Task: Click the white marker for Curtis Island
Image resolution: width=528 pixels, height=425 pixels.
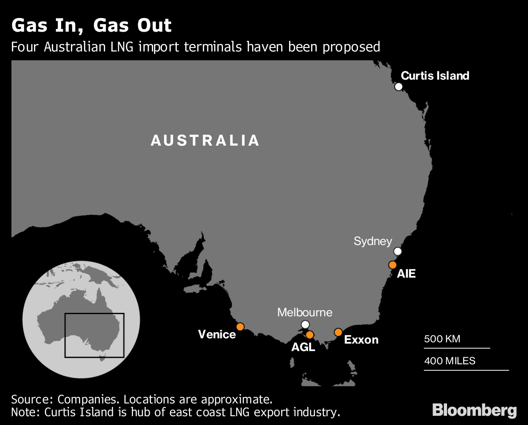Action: (399, 86)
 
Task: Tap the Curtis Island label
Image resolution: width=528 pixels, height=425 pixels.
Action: (435, 76)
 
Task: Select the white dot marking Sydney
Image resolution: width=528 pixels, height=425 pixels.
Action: (398, 251)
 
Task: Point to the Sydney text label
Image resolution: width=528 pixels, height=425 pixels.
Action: (373, 241)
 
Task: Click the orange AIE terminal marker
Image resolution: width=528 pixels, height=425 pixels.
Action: (392, 265)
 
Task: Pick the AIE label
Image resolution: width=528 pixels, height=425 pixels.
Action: (406, 274)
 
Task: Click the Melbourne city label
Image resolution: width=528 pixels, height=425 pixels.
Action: (304, 313)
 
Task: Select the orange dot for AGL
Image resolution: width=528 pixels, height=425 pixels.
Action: (310, 334)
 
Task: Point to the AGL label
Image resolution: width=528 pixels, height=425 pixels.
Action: (303, 347)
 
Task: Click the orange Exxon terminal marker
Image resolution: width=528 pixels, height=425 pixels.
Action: (338, 332)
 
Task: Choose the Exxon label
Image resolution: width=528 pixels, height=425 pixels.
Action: (361, 340)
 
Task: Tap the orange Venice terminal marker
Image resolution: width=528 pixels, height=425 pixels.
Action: (240, 326)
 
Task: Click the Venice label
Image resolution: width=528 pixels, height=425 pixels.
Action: (217, 334)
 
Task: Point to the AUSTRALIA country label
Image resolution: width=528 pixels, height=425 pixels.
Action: (205, 140)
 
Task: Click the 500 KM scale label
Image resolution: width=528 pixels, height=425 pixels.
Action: (442, 339)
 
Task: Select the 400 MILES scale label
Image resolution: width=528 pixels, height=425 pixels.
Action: (450, 361)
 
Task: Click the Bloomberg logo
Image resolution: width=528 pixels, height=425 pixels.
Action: (474, 410)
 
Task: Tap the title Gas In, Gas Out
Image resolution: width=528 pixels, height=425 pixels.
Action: (92, 26)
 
